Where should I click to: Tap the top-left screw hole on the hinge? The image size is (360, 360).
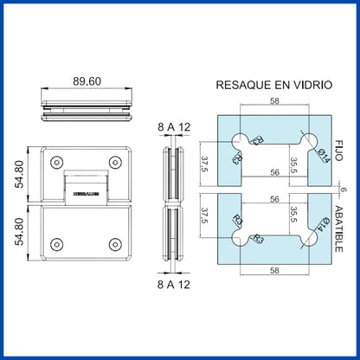tap(57, 162)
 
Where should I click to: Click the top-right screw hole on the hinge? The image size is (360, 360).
tap(114, 162)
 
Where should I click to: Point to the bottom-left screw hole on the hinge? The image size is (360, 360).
tap(57, 244)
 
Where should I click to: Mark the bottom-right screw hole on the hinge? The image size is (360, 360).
tap(114, 244)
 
